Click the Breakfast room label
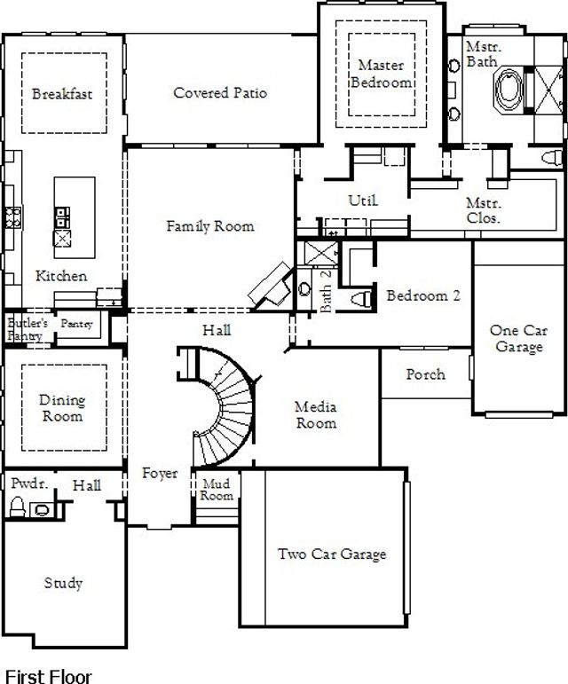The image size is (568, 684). coord(62,93)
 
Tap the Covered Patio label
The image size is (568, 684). coord(220,93)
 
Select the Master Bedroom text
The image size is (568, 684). coord(382,74)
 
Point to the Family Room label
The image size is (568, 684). coord(210,226)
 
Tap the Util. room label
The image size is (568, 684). coord(363,201)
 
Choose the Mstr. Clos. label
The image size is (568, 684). coord(484,210)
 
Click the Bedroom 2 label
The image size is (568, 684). coord(423,295)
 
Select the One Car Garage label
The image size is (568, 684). coord(519,339)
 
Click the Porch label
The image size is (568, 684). coord(426,374)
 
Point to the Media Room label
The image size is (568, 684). coord(316,415)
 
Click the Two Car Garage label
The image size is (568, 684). coord(332,554)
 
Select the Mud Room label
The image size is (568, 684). coord(217,490)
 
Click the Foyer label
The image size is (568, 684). coord(160,474)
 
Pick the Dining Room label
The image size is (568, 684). coord(62,408)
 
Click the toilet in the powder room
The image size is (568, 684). coord(16,507)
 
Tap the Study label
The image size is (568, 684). coord(63,583)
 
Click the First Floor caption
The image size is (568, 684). coord(48,676)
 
